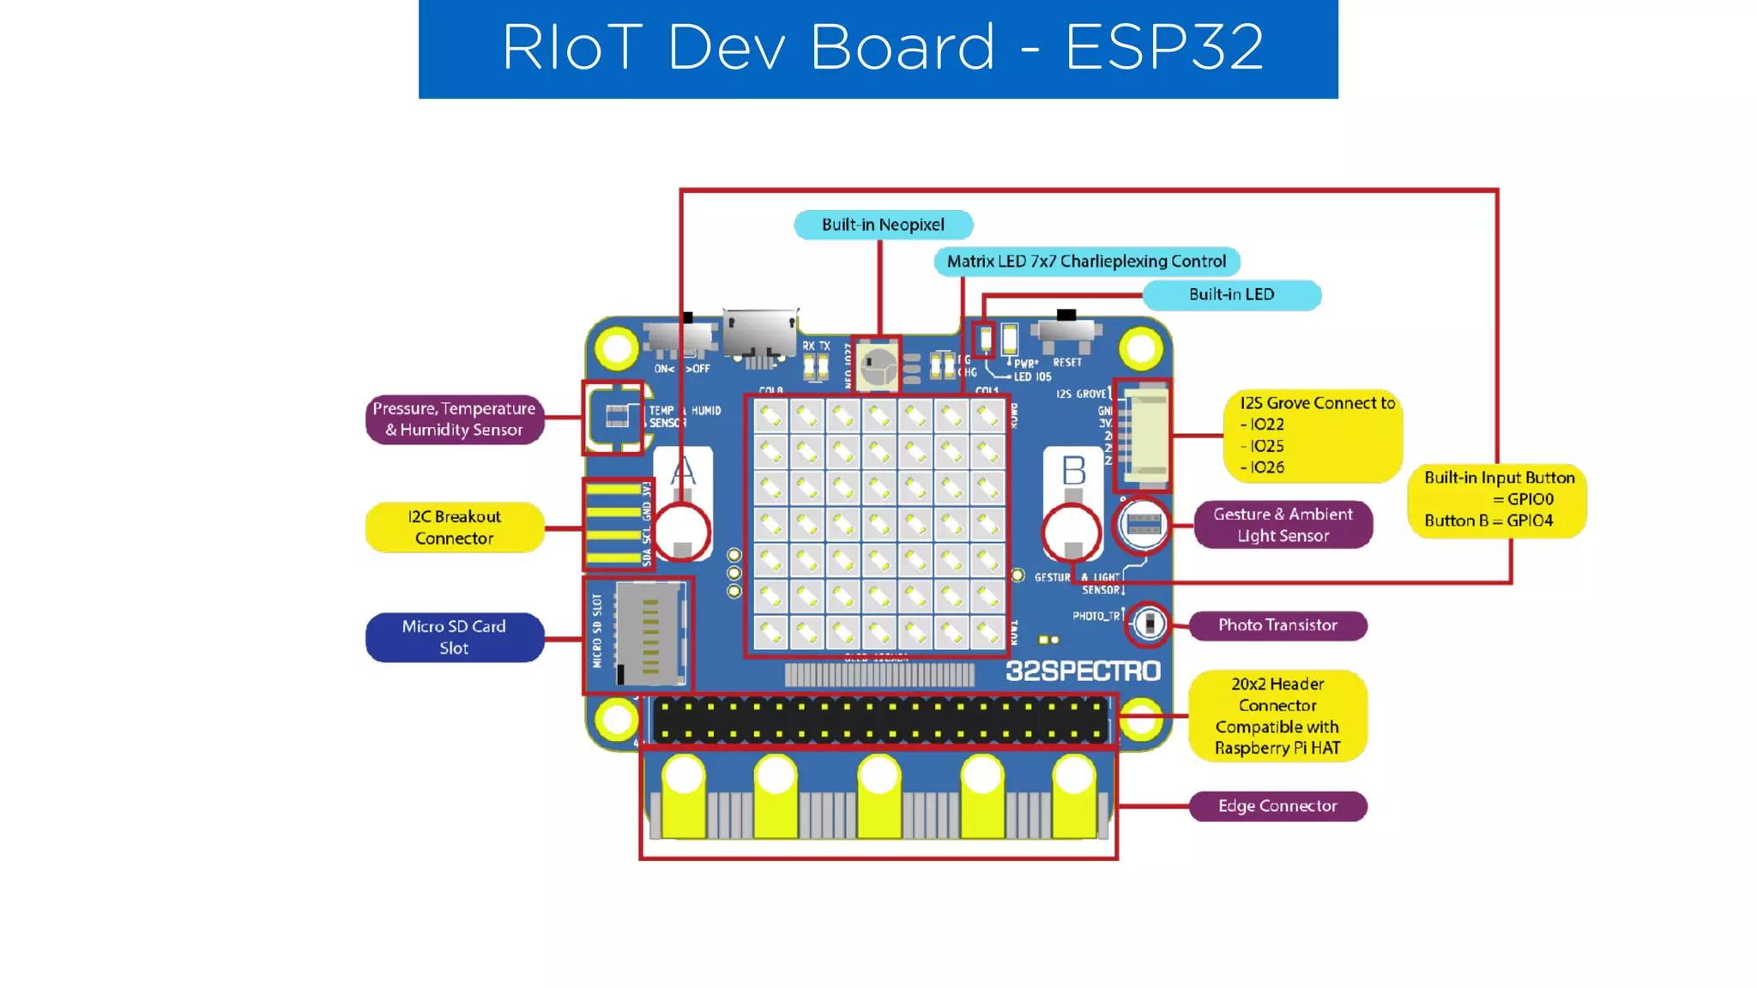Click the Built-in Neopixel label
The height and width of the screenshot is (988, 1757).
click(x=883, y=225)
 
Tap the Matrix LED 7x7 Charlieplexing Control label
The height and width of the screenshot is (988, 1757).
click(x=1086, y=261)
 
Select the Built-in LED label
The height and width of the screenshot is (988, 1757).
click(x=1231, y=294)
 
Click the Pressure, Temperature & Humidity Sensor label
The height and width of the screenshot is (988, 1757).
click(x=454, y=419)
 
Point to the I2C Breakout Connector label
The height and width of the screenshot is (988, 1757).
click(x=454, y=527)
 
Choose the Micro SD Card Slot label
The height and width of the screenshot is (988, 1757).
click(x=454, y=637)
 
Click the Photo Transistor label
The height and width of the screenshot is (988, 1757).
click(x=1277, y=625)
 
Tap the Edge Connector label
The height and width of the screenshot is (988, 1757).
click(x=1277, y=806)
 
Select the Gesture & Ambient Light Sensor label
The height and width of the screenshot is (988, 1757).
click(x=1283, y=525)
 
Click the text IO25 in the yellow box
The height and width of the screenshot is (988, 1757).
click(x=1266, y=446)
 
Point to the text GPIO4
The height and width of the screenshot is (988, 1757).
click(x=1530, y=521)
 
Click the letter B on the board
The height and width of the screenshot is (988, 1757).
click(x=1073, y=471)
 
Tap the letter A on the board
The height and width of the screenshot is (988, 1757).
click(x=683, y=471)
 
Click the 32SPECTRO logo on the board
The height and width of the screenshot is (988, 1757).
click(x=1083, y=672)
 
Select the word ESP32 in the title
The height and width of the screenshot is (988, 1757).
click(x=1164, y=47)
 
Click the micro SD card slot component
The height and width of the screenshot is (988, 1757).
click(x=649, y=635)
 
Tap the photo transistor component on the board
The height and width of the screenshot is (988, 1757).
click(x=1149, y=624)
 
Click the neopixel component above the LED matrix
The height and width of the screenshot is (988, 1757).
click(x=877, y=366)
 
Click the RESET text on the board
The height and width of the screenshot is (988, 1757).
click(x=1067, y=363)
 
